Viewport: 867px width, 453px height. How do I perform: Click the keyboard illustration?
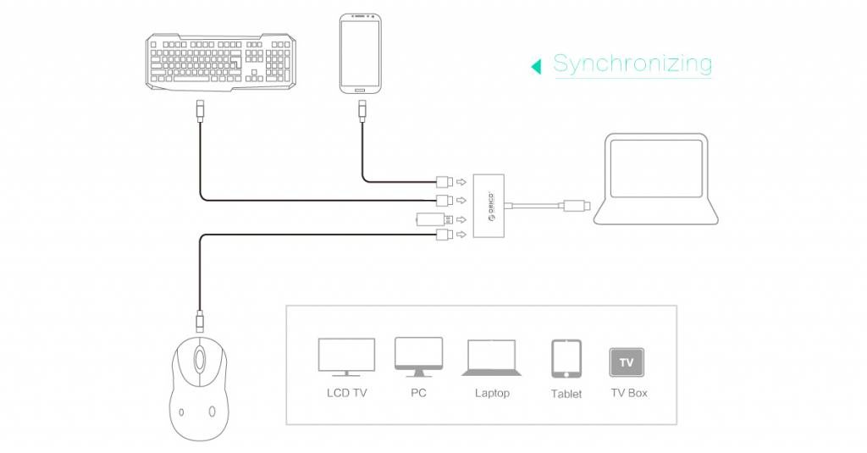[221, 62]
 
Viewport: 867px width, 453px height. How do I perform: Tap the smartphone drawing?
[360, 53]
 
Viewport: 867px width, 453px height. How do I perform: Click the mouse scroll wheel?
[199, 360]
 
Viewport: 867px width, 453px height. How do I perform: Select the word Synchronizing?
[632, 63]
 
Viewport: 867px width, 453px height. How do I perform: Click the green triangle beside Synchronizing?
[536, 67]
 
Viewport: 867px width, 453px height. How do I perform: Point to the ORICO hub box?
[489, 206]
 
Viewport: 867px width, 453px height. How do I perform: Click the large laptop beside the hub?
[656, 179]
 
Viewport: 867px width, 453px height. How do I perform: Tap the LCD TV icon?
[346, 357]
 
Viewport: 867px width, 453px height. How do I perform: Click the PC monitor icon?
[418, 356]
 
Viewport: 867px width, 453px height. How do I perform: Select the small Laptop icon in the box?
[492, 358]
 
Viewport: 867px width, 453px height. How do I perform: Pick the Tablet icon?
[566, 359]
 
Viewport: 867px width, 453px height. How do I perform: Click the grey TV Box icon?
[627, 362]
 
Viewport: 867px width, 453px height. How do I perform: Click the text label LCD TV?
[346, 393]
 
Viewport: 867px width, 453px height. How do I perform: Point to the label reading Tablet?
[566, 394]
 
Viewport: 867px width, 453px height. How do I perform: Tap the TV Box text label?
[629, 393]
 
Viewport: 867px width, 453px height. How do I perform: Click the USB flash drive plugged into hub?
[435, 219]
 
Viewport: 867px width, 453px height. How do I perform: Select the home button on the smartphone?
[360, 90]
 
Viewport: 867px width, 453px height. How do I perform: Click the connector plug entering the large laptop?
[576, 207]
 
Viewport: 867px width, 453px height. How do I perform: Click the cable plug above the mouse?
[200, 322]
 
